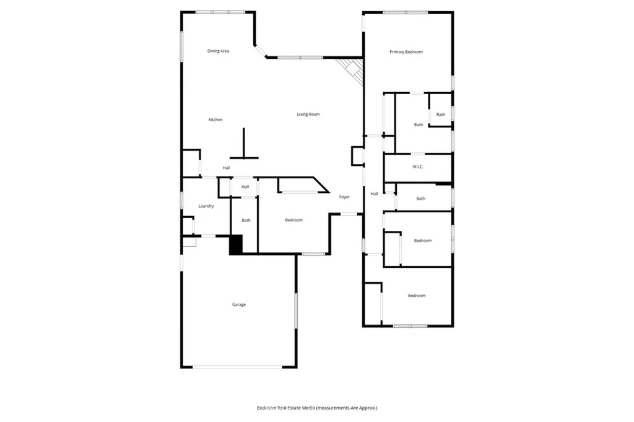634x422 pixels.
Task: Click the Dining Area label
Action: tap(218, 51)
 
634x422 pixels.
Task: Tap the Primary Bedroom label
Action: tap(406, 52)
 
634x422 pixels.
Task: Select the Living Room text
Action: tap(308, 114)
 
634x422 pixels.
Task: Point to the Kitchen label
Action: tap(215, 119)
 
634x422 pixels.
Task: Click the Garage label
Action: tap(238, 304)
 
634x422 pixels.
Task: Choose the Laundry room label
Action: tap(206, 206)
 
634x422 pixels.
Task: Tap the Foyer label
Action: tap(344, 197)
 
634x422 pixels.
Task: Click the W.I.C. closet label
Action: tap(417, 167)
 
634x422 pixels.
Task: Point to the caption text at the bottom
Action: tap(316, 408)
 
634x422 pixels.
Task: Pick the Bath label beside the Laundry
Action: tap(246, 220)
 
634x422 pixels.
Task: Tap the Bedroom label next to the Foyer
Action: tap(293, 220)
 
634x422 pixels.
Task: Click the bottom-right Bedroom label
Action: tap(417, 296)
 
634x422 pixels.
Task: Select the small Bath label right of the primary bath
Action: tap(440, 114)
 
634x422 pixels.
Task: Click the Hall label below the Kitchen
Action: tap(227, 168)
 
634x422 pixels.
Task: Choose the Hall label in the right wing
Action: tap(374, 194)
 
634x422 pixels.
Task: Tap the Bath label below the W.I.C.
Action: tap(420, 199)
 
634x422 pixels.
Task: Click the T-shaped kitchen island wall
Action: tap(244, 148)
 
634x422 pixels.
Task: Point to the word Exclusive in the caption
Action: tap(270, 408)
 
